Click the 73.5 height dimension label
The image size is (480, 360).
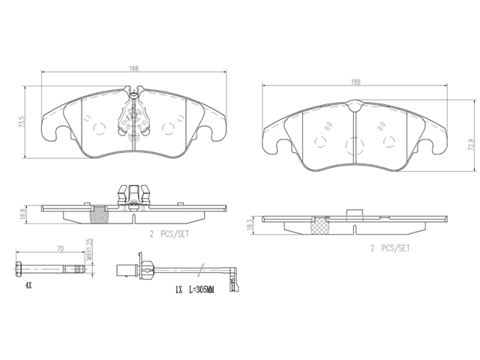pyautogui.click(x=21, y=121)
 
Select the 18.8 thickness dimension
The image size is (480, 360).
pyautogui.click(x=22, y=214)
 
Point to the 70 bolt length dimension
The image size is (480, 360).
pyautogui.click(x=60, y=249)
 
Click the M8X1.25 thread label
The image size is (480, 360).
pyautogui.click(x=88, y=249)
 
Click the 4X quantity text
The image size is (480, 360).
pyautogui.click(x=28, y=286)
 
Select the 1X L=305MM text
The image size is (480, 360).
pyautogui.click(x=195, y=289)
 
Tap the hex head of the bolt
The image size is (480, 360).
pyautogui.click(x=18, y=269)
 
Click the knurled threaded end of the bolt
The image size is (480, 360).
pyautogui.click(x=79, y=269)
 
